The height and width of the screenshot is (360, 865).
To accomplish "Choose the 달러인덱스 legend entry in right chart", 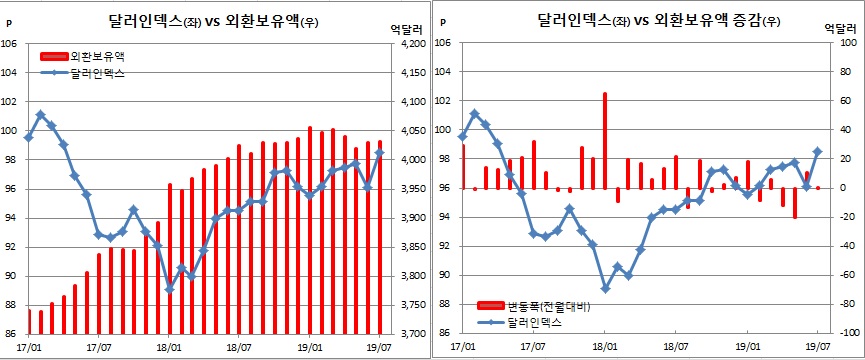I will pos(540,321).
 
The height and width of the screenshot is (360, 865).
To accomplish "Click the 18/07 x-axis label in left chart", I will pos(239,348).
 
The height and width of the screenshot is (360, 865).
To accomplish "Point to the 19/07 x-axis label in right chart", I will pos(819,348).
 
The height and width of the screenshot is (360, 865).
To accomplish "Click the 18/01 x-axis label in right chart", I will pos(605,348).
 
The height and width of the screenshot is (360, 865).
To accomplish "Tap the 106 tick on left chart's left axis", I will pos(10,43).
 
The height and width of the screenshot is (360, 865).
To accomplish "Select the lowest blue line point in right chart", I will pos(605,288).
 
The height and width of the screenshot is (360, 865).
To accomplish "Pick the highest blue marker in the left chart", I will pos(40,114).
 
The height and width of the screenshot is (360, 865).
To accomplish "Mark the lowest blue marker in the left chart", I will pos(170,289).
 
